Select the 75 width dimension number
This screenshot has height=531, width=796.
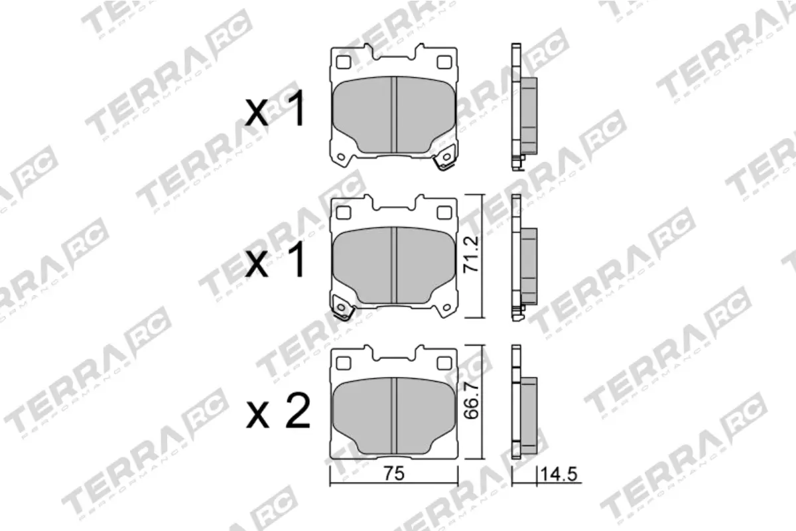pyautogui.click(x=394, y=473)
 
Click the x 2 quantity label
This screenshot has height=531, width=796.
pyautogui.click(x=278, y=413)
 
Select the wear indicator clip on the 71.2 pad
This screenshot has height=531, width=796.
pyautogui.click(x=343, y=309)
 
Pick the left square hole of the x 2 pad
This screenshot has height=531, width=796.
pyautogui.click(x=343, y=363)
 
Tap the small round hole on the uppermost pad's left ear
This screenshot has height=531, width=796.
pyautogui.click(x=342, y=157)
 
